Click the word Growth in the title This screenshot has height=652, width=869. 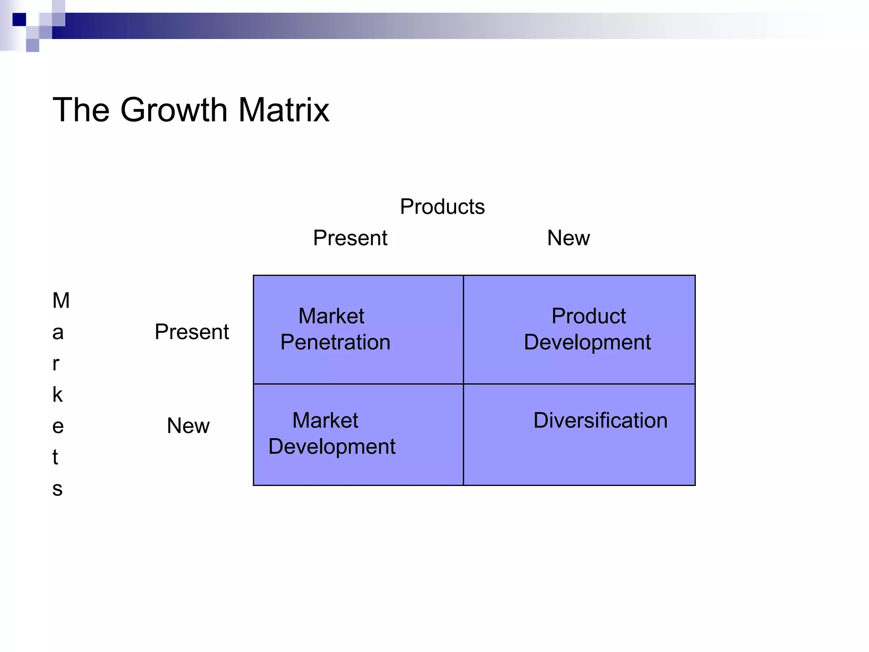point(174,110)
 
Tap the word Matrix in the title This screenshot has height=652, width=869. point(283,110)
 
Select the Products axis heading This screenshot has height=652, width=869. point(442,207)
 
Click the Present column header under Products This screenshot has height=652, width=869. point(350,238)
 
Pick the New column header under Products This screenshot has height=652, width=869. point(568,238)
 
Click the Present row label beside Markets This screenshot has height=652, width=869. point(192,332)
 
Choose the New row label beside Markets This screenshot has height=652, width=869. point(188,426)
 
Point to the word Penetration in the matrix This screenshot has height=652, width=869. point(335,342)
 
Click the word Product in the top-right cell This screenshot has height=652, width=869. point(589,316)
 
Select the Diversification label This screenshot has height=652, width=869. point(600,421)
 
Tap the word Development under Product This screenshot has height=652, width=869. point(587,342)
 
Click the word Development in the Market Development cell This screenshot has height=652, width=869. point(332,447)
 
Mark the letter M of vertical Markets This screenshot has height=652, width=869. point(61,301)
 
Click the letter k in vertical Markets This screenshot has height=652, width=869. point(57,395)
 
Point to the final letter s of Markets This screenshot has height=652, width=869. point(57,489)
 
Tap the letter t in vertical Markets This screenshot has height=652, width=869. point(55,458)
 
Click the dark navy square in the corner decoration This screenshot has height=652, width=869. point(19,20)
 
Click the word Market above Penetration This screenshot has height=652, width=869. point(331,316)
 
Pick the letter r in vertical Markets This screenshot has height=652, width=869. point(56,364)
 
